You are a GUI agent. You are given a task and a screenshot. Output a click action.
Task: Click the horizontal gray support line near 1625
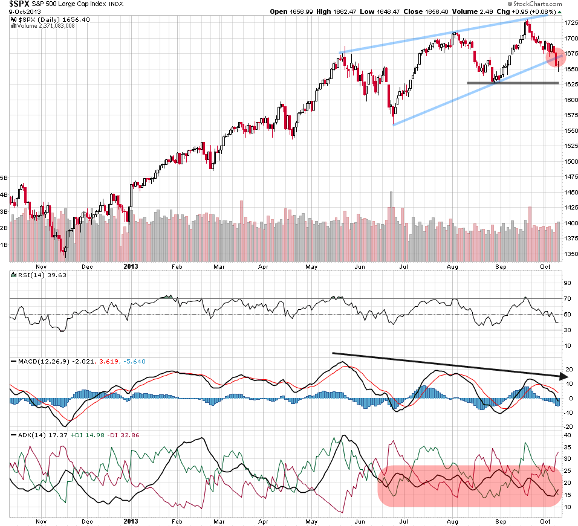[x=512, y=83]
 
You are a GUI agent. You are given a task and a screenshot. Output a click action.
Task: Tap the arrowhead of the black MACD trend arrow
[x=563, y=377]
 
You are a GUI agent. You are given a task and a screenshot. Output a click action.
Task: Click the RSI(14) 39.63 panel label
[x=34, y=275]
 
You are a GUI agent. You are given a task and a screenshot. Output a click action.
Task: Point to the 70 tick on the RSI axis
[x=568, y=299]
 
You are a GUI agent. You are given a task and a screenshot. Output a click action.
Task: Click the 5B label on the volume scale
[x=4, y=178]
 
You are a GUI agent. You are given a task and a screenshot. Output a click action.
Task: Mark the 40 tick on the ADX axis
[x=568, y=435]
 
